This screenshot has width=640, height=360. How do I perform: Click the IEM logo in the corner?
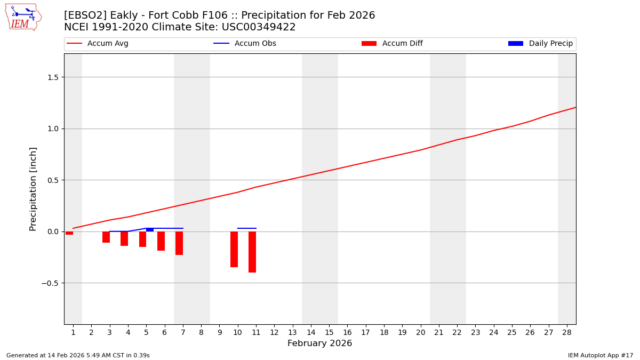23,17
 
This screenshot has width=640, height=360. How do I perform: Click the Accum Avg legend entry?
107,44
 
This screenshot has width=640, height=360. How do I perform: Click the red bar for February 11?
252,252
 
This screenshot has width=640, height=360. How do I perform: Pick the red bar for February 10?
234,249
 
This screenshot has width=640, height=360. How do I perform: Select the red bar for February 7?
179,243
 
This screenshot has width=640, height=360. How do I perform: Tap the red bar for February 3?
106,237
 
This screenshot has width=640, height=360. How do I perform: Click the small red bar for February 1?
69,233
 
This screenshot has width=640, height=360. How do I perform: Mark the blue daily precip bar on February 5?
150,230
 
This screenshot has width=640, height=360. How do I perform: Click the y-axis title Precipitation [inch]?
33,189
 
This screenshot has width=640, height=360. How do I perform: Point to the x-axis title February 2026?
319,343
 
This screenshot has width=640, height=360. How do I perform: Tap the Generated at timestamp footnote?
78,355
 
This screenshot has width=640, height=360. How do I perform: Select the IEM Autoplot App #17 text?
600,355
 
